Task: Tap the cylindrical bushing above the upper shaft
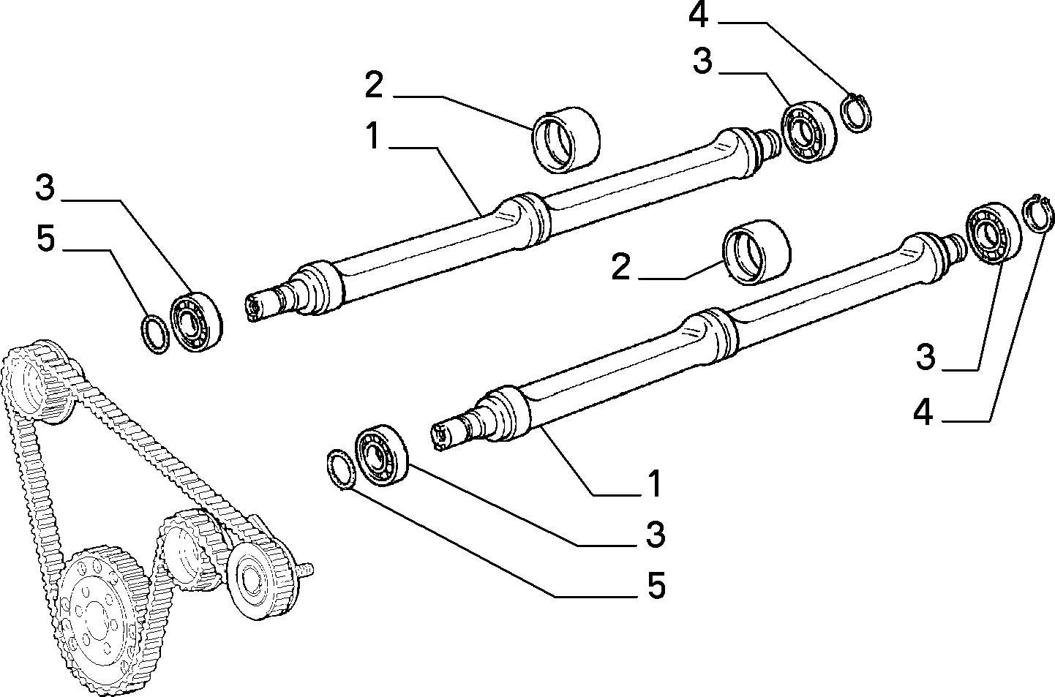pos(566,140)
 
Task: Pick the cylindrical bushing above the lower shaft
pos(757,252)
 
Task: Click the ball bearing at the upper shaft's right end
pos(808,132)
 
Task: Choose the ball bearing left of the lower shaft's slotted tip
pos(381,456)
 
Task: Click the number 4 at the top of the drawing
pos(699,17)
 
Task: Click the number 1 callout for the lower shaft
pos(655,483)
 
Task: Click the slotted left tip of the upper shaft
pos(255,309)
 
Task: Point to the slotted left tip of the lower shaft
pos(440,438)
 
